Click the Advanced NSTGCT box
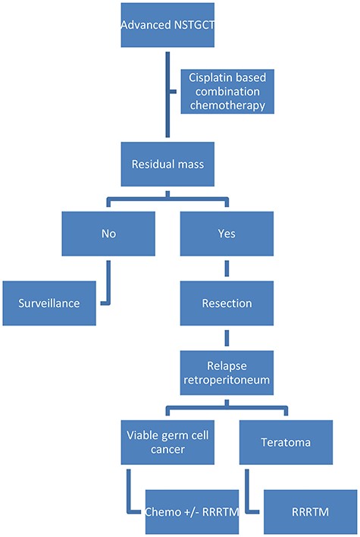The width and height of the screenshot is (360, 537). [167, 30]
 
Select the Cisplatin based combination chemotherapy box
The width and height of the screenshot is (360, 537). [227, 92]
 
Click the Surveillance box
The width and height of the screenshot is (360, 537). [50, 301]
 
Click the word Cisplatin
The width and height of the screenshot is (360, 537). [209, 78]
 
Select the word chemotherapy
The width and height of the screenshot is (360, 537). [227, 105]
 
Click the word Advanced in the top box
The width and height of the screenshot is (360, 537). [143, 30]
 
